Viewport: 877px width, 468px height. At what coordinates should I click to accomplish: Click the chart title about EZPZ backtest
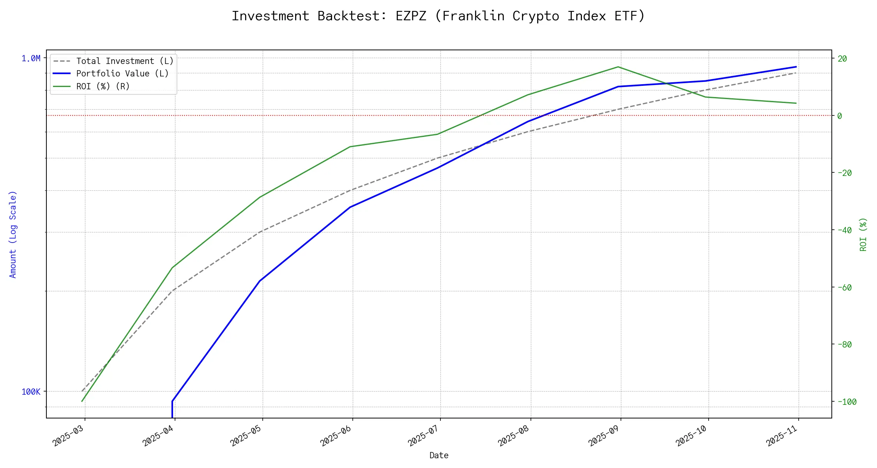[438, 16]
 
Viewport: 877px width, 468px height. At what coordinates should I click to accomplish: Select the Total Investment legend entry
[125, 61]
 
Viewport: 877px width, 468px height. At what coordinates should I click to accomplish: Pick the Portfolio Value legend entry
[122, 74]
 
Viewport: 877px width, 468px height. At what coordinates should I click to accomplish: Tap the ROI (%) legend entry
[103, 86]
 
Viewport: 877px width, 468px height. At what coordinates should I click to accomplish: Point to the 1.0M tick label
[31, 58]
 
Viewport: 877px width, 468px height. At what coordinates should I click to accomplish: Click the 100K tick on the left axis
[31, 392]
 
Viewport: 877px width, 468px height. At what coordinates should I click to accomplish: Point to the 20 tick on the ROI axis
[842, 58]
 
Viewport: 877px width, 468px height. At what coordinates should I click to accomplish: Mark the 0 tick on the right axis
[840, 116]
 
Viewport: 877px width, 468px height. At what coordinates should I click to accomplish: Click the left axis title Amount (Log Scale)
[13, 234]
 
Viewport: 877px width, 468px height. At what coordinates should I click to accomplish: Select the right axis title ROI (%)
[863, 234]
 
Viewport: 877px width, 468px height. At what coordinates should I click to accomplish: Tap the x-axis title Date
[439, 455]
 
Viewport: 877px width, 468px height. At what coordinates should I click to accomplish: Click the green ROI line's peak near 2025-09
[618, 67]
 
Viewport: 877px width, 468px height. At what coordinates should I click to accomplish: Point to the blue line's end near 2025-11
[796, 67]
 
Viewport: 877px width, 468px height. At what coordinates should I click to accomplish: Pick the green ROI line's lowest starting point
[82, 401]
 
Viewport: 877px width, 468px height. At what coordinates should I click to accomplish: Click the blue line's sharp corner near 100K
[172, 401]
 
